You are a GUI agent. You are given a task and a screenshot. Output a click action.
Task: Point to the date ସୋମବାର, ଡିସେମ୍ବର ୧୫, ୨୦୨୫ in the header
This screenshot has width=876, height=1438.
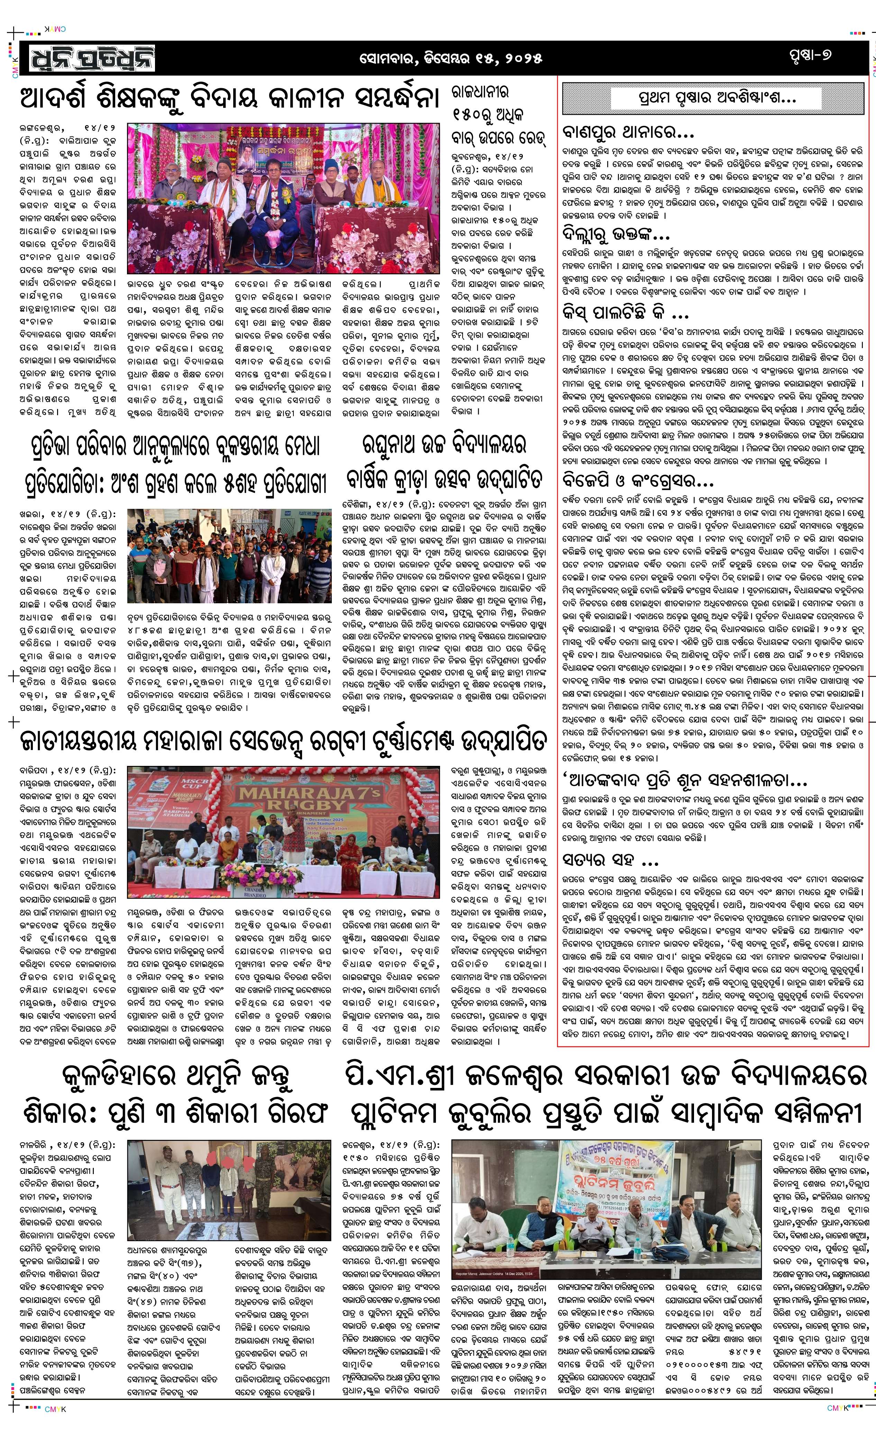[450, 58]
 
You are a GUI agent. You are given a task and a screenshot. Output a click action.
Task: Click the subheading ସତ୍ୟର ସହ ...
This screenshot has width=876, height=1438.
[610, 861]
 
